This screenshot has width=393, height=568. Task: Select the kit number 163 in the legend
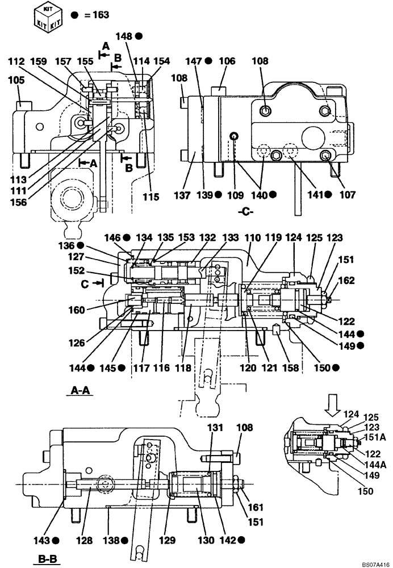(100, 15)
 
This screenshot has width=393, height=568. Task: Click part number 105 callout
(16, 81)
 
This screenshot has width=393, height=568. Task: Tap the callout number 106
(227, 61)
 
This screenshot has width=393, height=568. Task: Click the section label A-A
(82, 391)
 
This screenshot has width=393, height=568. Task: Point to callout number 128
(83, 541)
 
